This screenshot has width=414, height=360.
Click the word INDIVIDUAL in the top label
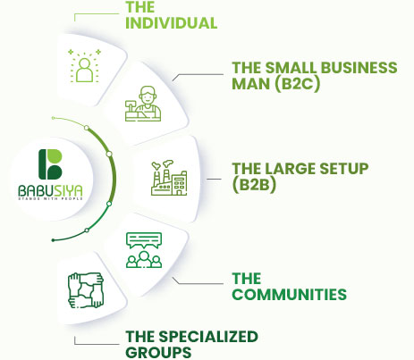point(171,23)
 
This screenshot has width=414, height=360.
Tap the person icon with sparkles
point(85,65)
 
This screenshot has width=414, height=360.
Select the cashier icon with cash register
point(143,104)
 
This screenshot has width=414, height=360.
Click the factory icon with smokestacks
point(169,178)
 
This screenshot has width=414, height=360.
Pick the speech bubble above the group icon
point(144,240)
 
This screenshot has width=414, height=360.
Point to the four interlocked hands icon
point(86,290)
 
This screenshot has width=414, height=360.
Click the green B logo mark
point(50,164)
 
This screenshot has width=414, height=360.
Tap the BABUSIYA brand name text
point(50,191)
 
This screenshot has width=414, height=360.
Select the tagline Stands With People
point(50,198)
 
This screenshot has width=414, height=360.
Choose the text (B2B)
point(254,185)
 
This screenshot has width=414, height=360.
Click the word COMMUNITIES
point(289,295)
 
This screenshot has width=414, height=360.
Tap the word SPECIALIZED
point(208,337)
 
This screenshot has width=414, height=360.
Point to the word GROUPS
point(158,353)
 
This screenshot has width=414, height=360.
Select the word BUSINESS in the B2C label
point(359,68)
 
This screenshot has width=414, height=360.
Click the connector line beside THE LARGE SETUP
point(214,179)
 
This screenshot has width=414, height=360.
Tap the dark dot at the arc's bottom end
point(53,240)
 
